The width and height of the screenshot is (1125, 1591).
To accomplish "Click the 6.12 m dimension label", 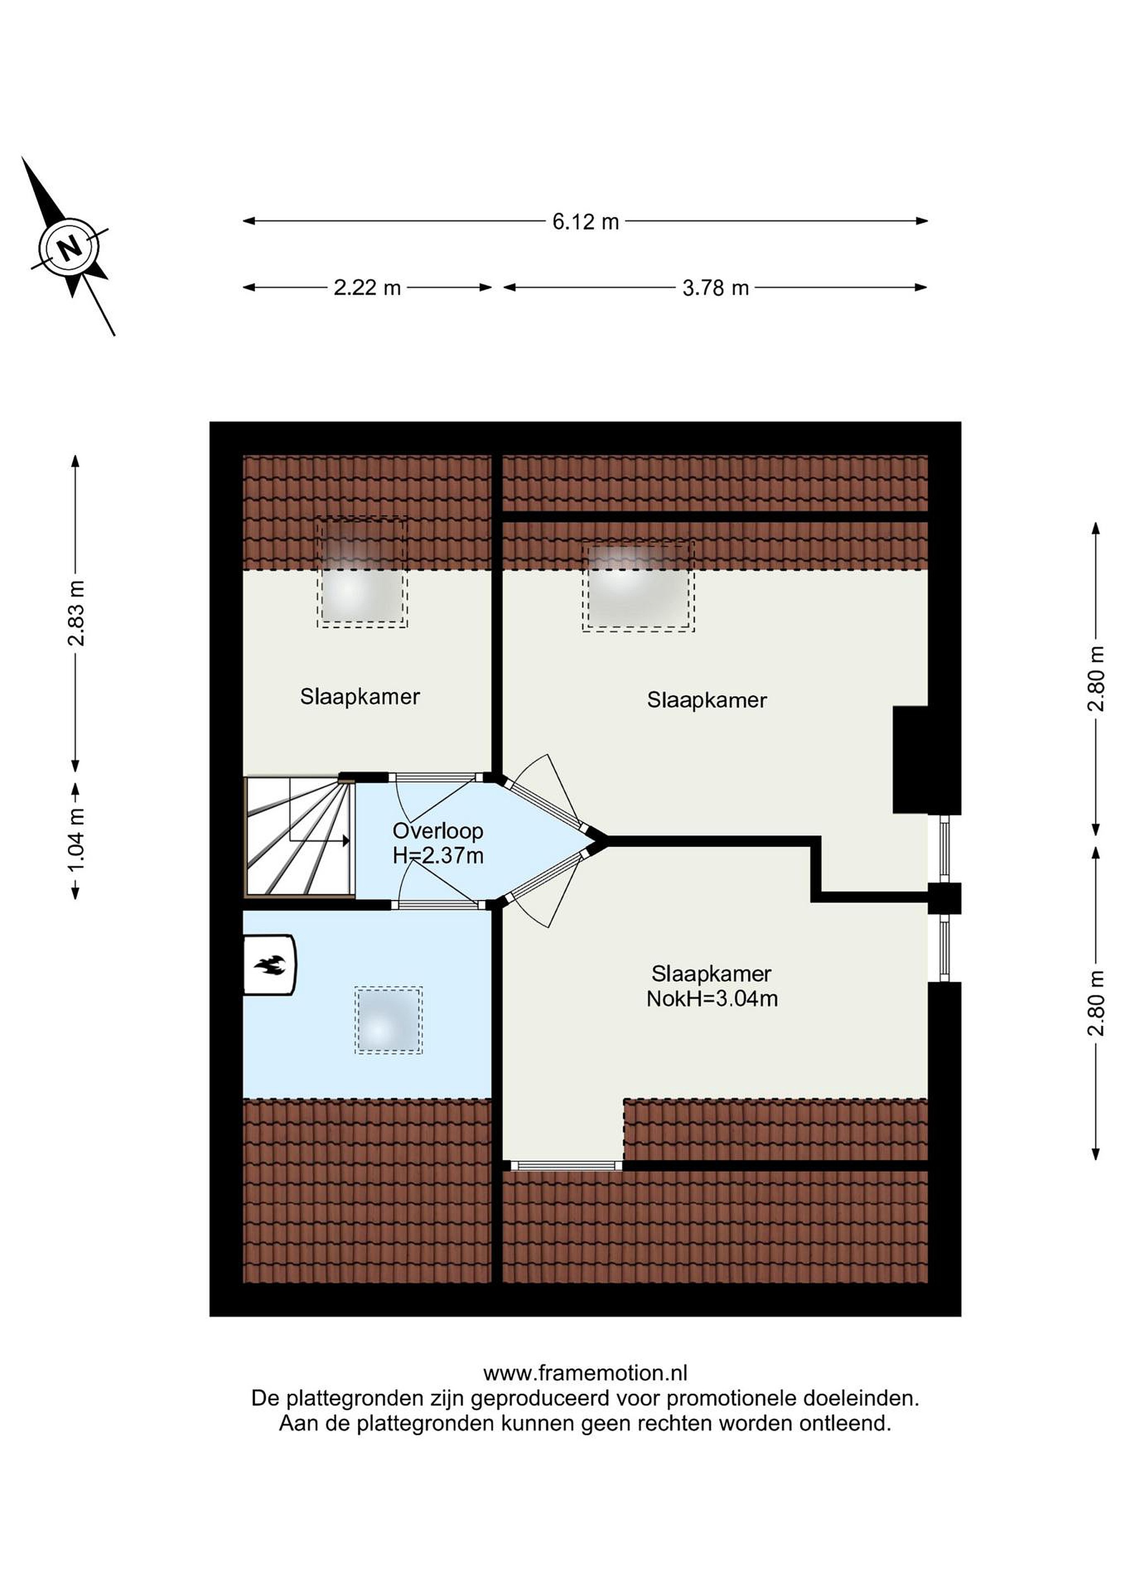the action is click(585, 222).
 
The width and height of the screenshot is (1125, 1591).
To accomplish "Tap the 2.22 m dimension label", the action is click(367, 288).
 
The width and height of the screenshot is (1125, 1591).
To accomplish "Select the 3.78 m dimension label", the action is click(716, 288).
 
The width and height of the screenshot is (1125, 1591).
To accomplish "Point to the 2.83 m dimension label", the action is click(76, 613).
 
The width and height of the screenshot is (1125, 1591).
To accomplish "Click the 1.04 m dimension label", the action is click(76, 841).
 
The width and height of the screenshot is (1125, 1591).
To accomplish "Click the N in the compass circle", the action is click(68, 247).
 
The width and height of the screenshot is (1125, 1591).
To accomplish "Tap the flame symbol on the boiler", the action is click(270, 965).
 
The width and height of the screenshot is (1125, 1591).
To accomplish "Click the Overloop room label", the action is click(438, 831).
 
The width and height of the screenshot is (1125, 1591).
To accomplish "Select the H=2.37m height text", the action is click(438, 856).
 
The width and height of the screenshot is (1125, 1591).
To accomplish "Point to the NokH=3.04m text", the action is click(712, 999).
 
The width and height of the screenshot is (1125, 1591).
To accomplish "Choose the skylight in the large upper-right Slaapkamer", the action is click(638, 586).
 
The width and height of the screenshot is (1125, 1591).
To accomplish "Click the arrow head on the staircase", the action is click(344, 841).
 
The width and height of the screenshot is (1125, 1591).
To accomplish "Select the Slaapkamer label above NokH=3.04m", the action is click(711, 973).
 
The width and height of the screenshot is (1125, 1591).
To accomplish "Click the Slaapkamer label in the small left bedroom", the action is click(360, 697).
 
